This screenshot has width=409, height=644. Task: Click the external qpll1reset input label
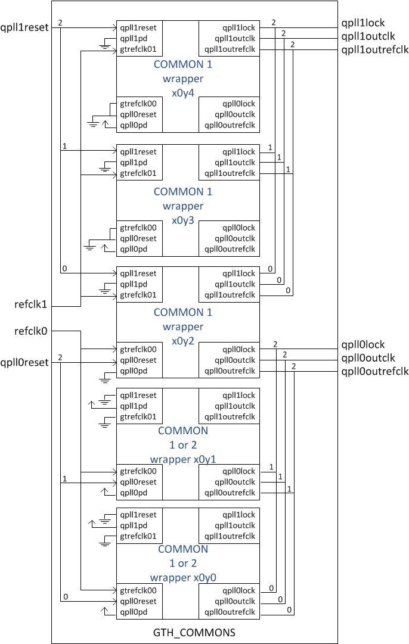(x=24, y=27)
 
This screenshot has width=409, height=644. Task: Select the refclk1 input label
(x=31, y=304)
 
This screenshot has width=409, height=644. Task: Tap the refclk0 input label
(x=31, y=331)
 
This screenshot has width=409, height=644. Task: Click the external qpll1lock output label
(x=362, y=23)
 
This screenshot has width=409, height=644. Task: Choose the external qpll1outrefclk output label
(x=374, y=50)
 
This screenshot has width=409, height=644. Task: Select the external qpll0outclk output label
(x=368, y=358)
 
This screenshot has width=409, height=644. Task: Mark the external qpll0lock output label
(x=362, y=345)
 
